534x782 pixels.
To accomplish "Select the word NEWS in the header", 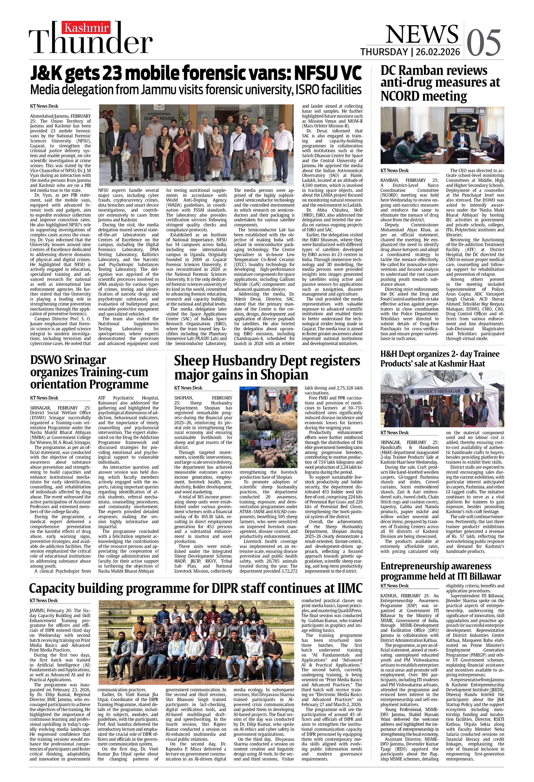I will tap(422, 34).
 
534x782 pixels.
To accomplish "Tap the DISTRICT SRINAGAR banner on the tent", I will tap(439, 391).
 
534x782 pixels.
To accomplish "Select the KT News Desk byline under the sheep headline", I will tap(188, 388).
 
